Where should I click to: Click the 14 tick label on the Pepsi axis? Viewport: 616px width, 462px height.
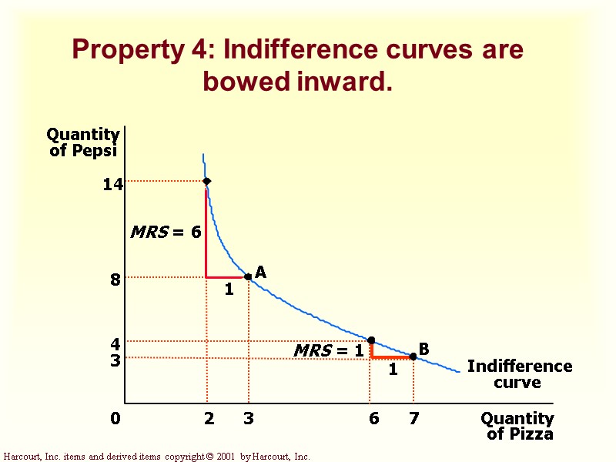pyautogui.click(x=112, y=185)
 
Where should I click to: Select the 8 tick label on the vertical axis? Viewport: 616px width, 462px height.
pyautogui.click(x=115, y=280)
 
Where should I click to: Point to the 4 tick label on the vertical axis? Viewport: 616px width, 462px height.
pyautogui.click(x=115, y=344)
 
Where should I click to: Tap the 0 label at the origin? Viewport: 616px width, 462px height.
pyautogui.click(x=115, y=419)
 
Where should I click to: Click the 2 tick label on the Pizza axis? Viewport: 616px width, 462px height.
pyautogui.click(x=209, y=419)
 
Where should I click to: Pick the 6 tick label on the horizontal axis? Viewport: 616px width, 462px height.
pyautogui.click(x=374, y=419)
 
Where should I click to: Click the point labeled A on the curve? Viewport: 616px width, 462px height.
pyautogui.click(x=247, y=276)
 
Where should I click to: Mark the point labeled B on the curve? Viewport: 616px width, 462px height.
pyautogui.click(x=413, y=356)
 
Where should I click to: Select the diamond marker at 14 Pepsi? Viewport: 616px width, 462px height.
pyautogui.click(x=206, y=181)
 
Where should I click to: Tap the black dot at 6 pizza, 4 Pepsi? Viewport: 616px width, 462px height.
pyautogui.click(x=371, y=340)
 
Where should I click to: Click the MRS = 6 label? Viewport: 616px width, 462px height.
pyautogui.click(x=166, y=232)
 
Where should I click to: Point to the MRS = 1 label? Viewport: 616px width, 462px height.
pyautogui.click(x=328, y=351)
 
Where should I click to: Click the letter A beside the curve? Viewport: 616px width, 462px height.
pyautogui.click(x=260, y=273)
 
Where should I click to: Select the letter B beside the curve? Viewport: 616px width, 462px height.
pyautogui.click(x=423, y=350)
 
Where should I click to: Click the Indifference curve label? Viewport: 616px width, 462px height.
pyautogui.click(x=520, y=374)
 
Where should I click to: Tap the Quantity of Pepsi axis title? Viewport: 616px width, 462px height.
pyautogui.click(x=84, y=142)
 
